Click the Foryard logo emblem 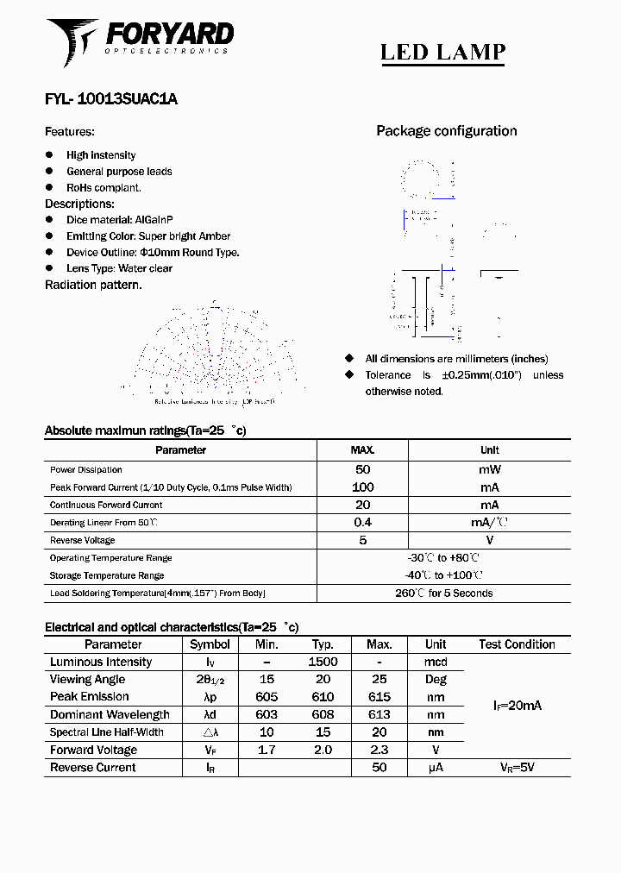pyautogui.click(x=72, y=41)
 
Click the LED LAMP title pyautogui.click(x=442, y=52)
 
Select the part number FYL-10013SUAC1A pyautogui.click(x=110, y=99)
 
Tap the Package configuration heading pyautogui.click(x=446, y=131)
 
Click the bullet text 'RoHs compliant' pyautogui.click(x=103, y=187)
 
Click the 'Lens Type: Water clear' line pyautogui.click(x=119, y=268)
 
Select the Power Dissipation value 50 pyautogui.click(x=362, y=469)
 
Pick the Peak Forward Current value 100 pyautogui.click(x=362, y=487)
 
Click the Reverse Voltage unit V pyautogui.click(x=489, y=540)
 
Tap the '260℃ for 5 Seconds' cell pyautogui.click(x=443, y=594)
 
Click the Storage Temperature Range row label pyautogui.click(x=107, y=575)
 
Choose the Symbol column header pyautogui.click(x=210, y=644)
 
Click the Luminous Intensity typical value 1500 pyautogui.click(x=323, y=662)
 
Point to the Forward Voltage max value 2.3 pyautogui.click(x=379, y=750)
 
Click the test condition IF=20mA pyautogui.click(x=517, y=706)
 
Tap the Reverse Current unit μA pyautogui.click(x=436, y=767)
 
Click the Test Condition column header pyautogui.click(x=517, y=644)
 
